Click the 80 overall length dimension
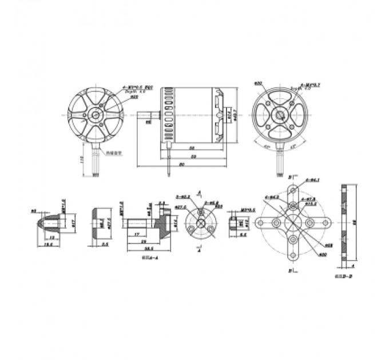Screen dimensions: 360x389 pyautogui.click(x=181, y=165)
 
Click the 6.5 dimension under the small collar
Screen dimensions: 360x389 pyautogui.click(x=243, y=234)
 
